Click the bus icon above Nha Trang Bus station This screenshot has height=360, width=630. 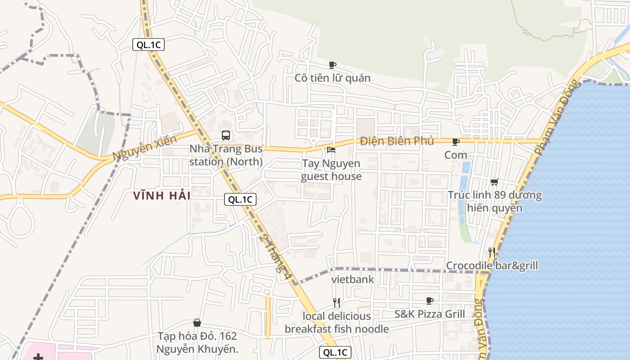[226, 135]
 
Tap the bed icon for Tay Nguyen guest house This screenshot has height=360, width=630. [332, 149]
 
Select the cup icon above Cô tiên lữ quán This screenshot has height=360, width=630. [333, 65]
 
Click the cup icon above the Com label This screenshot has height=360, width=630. [456, 142]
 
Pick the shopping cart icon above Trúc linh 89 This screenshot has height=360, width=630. [495, 182]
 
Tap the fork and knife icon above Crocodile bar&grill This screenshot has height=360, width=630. [492, 252]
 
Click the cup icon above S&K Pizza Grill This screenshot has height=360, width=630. [430, 300]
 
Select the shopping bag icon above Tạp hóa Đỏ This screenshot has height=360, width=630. [197, 323]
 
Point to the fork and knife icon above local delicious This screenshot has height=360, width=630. [336, 302]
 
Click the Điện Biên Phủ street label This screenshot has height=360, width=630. [397, 141]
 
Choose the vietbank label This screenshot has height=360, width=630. [353, 279]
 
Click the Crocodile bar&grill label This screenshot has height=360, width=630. [492, 266]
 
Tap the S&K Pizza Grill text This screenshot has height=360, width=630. [430, 314]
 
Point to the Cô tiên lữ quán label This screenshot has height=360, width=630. [333, 78]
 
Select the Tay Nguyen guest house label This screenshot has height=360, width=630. [331, 170]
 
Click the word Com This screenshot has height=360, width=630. [456, 155]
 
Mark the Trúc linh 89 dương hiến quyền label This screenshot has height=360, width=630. [495, 202]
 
